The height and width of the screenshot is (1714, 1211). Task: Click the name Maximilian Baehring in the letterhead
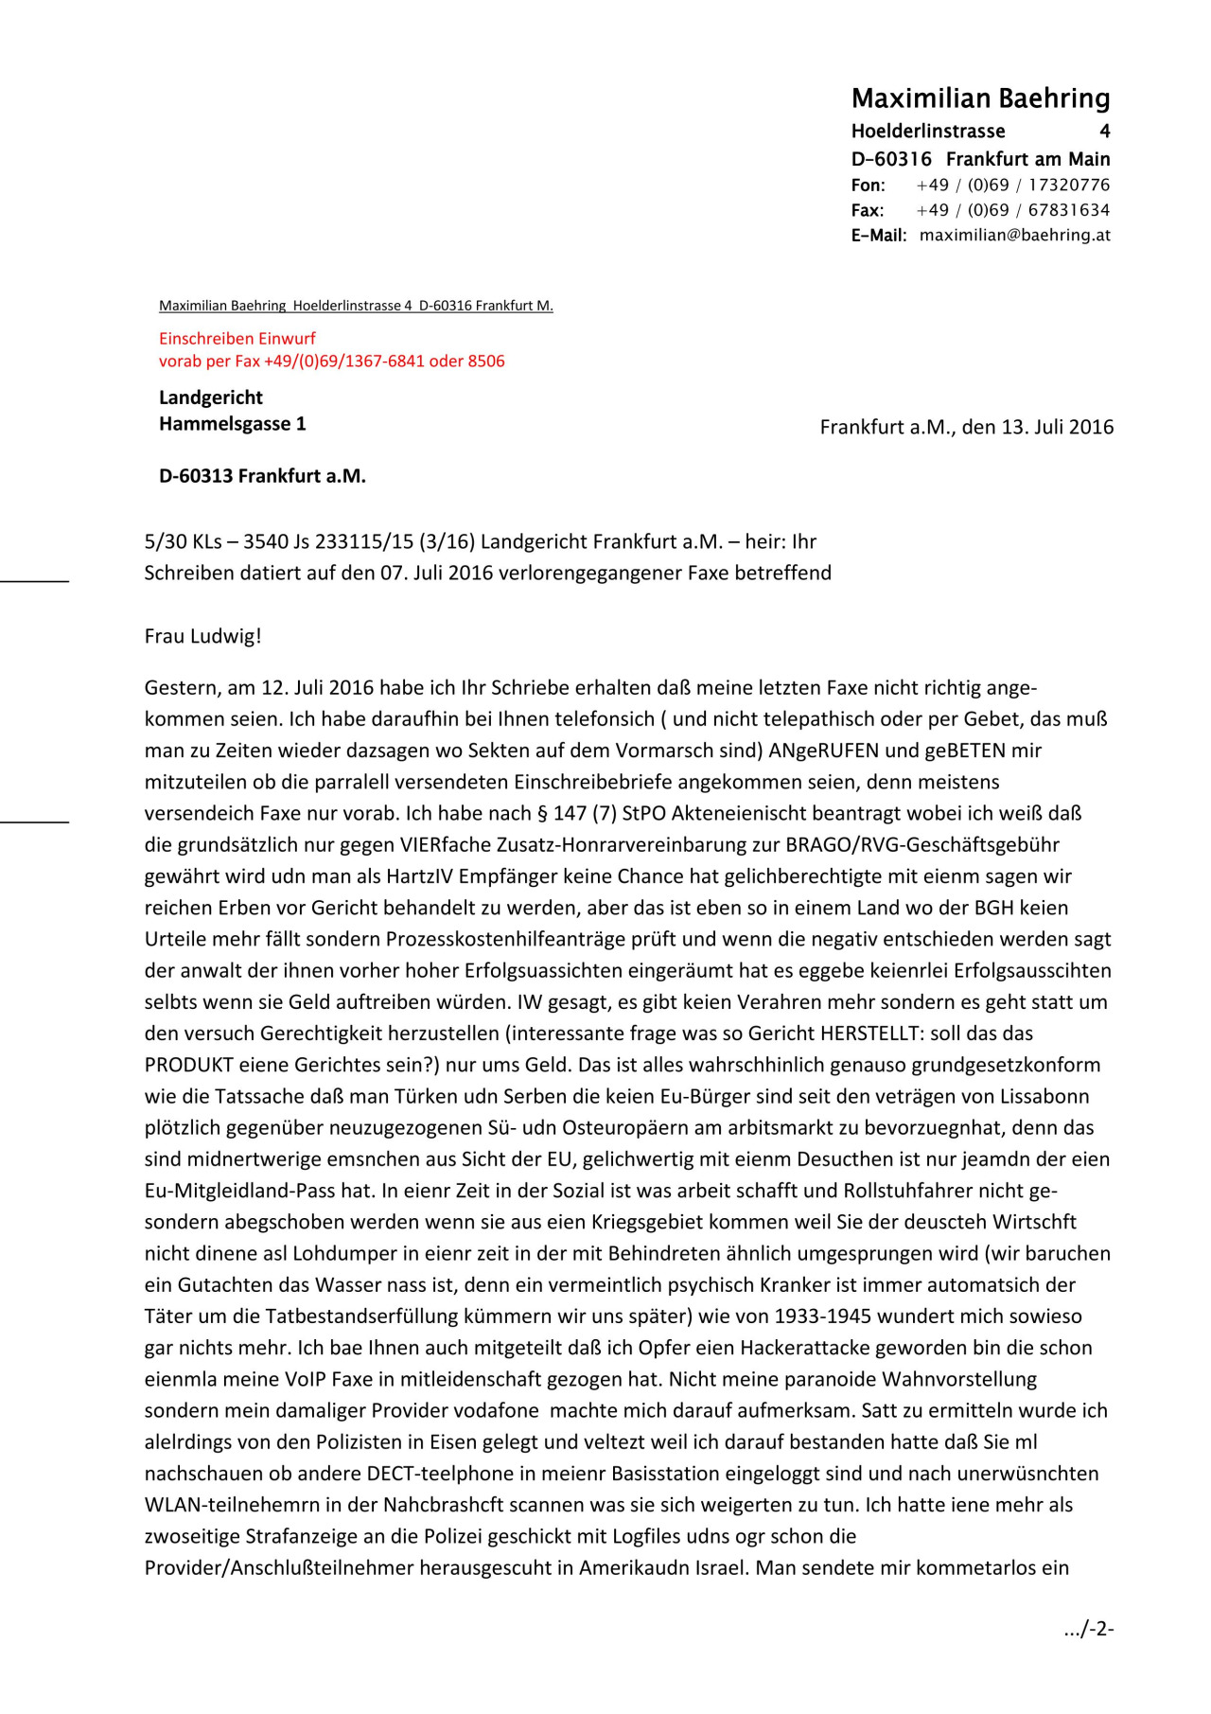click(x=980, y=98)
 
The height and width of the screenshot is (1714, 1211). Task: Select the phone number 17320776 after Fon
click(x=1069, y=185)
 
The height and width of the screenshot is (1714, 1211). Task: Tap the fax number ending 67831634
click(x=1069, y=210)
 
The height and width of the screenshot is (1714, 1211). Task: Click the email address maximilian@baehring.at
click(x=1014, y=235)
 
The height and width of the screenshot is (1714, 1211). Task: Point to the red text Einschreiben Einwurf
click(x=237, y=338)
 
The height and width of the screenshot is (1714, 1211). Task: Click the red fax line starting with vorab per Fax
click(x=331, y=361)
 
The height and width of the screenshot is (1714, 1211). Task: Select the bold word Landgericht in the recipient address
click(x=211, y=398)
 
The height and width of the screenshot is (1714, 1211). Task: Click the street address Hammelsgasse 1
click(x=232, y=424)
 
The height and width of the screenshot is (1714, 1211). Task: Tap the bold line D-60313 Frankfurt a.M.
click(x=262, y=476)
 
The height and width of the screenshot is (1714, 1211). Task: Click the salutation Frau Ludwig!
click(x=202, y=636)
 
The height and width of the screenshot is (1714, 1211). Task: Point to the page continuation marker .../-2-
click(x=1088, y=1629)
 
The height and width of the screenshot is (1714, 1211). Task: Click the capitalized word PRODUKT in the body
click(x=189, y=1065)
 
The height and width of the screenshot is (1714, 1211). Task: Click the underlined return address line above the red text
click(x=356, y=306)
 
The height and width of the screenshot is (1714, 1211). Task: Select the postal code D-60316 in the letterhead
click(x=891, y=159)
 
